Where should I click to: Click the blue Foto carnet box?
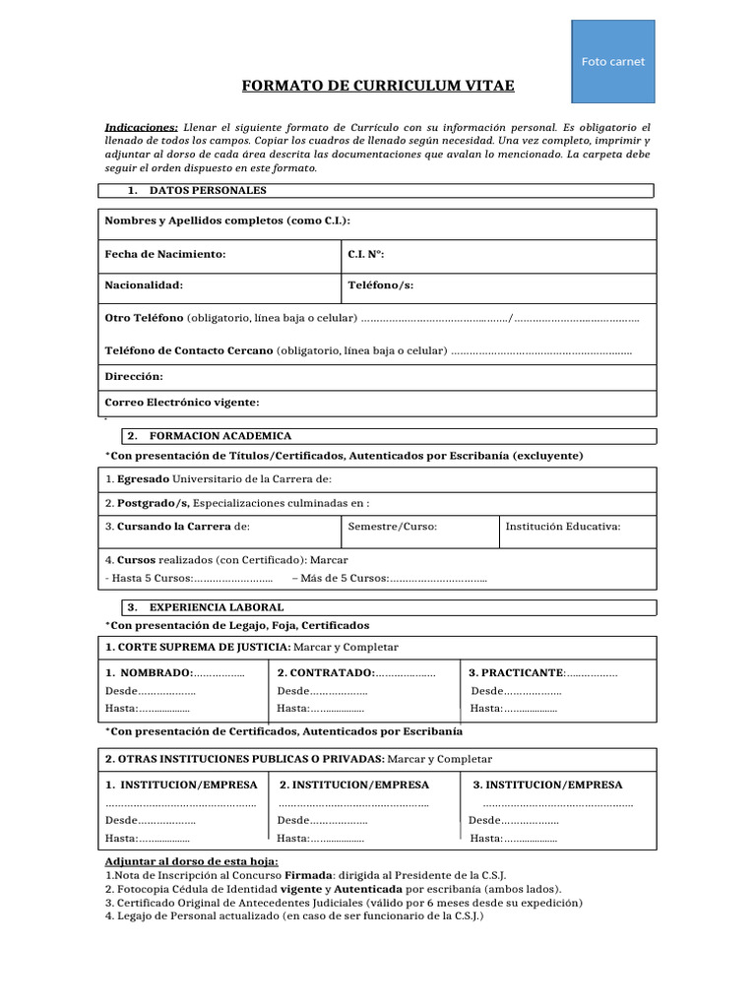tap(612, 61)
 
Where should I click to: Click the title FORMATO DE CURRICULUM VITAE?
tap(378, 87)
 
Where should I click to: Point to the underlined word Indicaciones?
tap(141, 128)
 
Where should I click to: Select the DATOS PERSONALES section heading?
tap(207, 191)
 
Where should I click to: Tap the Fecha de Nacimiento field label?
tap(165, 255)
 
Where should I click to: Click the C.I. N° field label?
tap(366, 255)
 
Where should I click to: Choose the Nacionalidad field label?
tap(144, 285)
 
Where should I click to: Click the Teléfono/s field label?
tap(381, 285)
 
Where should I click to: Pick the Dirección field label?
tap(134, 377)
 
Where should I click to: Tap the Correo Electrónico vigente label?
tap(182, 403)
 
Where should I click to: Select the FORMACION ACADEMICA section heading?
tap(220, 436)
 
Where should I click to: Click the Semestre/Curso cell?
tap(392, 527)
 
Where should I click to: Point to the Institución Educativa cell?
tap(562, 527)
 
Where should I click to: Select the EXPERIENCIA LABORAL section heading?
tap(216, 607)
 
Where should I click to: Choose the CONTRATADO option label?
tap(326, 673)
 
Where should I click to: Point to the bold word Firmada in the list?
tap(308, 875)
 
